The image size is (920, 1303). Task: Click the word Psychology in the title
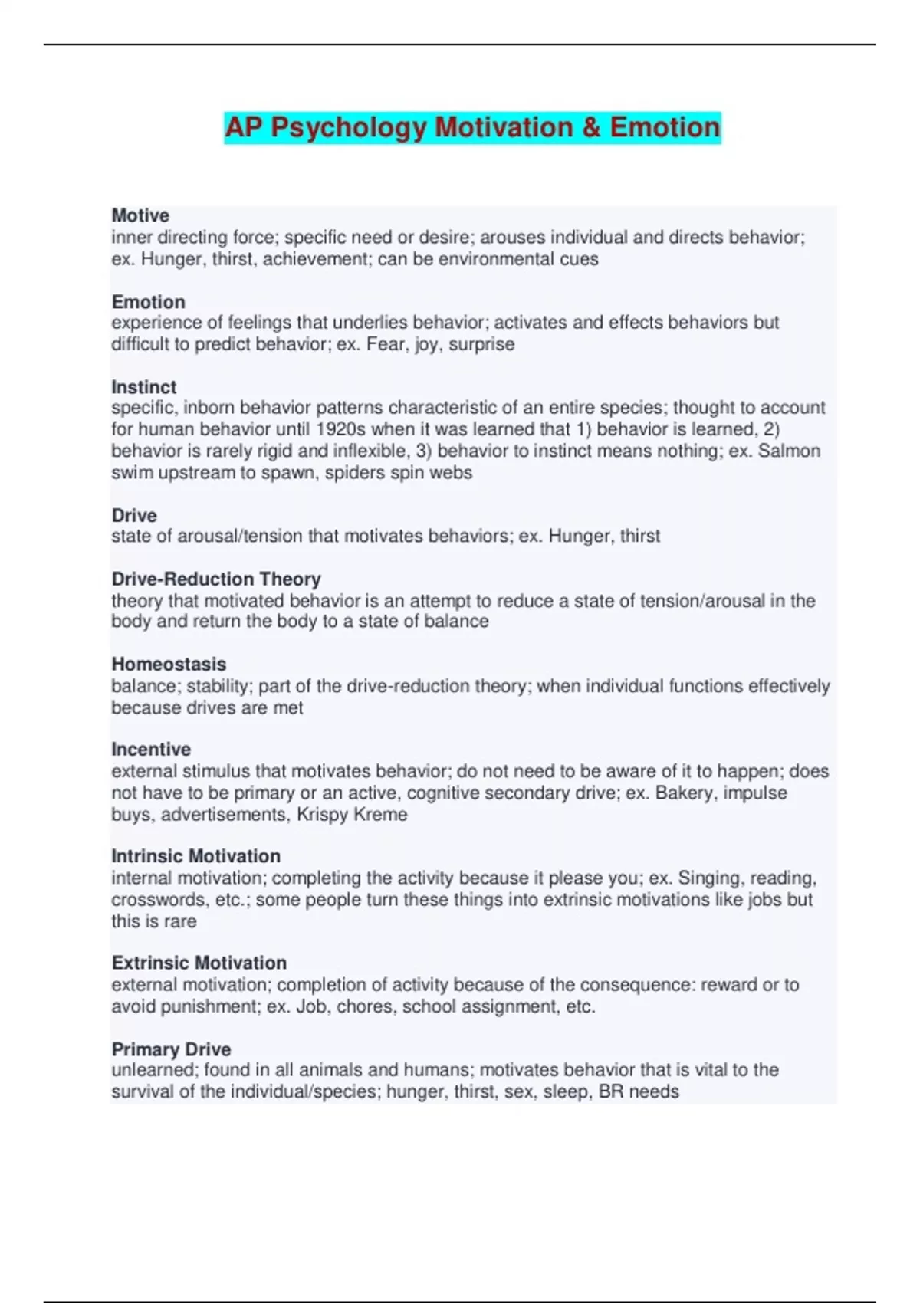pos(348,127)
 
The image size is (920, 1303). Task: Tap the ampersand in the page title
pos(590,127)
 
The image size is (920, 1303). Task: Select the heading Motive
pos(140,215)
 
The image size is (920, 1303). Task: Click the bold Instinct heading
pos(144,387)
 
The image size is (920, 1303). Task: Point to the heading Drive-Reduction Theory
pos(216,579)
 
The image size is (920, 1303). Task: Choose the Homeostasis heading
pos(169,664)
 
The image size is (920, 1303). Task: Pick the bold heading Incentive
pos(151,749)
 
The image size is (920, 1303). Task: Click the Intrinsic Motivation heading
pos(196,855)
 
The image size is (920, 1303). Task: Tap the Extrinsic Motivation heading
pos(199,963)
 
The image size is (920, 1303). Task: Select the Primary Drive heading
pos(171,1049)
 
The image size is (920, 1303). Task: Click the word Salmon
pos(789,451)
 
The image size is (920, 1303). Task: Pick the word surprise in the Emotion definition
pos(481,344)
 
